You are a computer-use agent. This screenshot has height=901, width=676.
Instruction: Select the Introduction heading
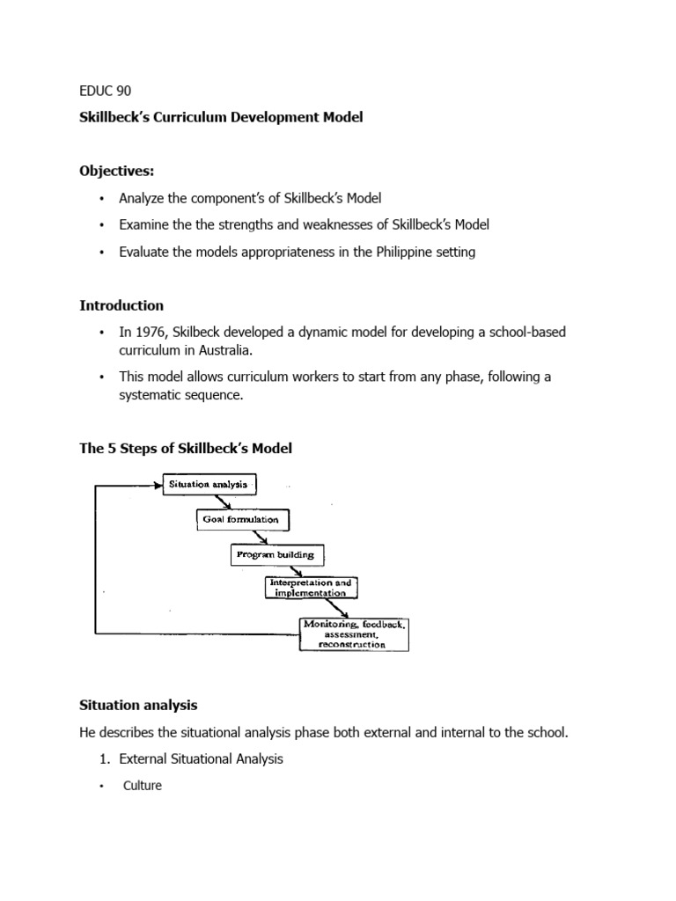pos(121,305)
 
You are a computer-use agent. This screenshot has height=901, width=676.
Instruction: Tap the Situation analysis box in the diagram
pos(209,483)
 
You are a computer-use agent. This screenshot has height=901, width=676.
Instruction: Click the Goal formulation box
pos(241,519)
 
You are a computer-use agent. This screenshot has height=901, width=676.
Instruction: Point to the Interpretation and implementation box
pos(312,588)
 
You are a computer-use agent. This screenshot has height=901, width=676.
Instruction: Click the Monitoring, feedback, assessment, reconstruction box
pos(354,634)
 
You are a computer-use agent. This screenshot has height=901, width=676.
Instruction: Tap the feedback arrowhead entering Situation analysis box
pos(158,483)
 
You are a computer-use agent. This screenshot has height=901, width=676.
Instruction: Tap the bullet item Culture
pos(142,786)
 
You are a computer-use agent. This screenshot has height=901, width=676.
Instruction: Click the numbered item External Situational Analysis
pos(201,758)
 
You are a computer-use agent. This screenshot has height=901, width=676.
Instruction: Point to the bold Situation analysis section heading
pos(138,705)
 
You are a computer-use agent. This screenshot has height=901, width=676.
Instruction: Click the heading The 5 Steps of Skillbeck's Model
pos(186,448)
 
